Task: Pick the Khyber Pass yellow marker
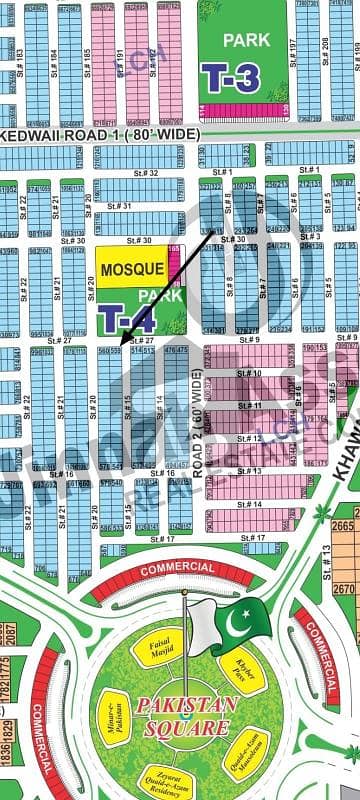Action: pos(242,672)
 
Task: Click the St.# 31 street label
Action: pos(120,207)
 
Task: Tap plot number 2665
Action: pos(343,526)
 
